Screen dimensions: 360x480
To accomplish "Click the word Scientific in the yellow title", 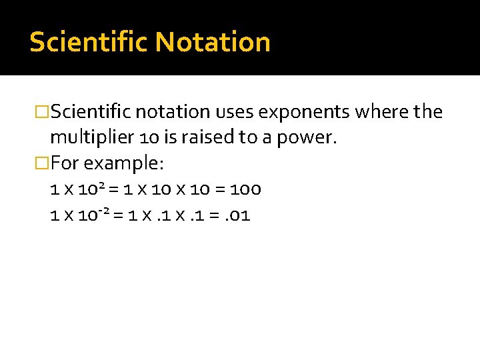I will coord(89,42).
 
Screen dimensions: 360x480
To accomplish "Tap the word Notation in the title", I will coord(213,42).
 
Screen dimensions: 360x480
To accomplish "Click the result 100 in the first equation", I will coord(245,189).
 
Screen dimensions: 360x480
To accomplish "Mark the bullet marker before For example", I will coord(43,163).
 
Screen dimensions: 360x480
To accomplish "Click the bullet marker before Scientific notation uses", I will coord(43,111).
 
